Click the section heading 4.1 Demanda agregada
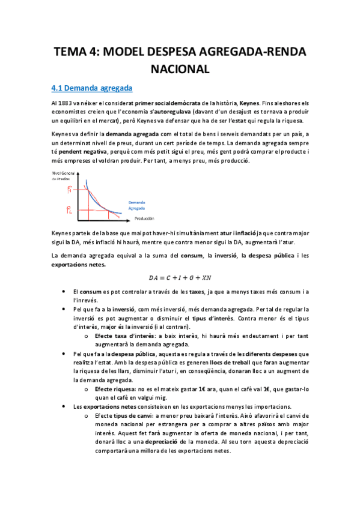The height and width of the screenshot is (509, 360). pos(92,89)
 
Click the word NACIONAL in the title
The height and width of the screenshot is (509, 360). pos(180,69)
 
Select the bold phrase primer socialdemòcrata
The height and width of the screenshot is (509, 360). pos(174,104)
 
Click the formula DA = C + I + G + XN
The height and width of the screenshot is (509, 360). pos(180,277)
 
